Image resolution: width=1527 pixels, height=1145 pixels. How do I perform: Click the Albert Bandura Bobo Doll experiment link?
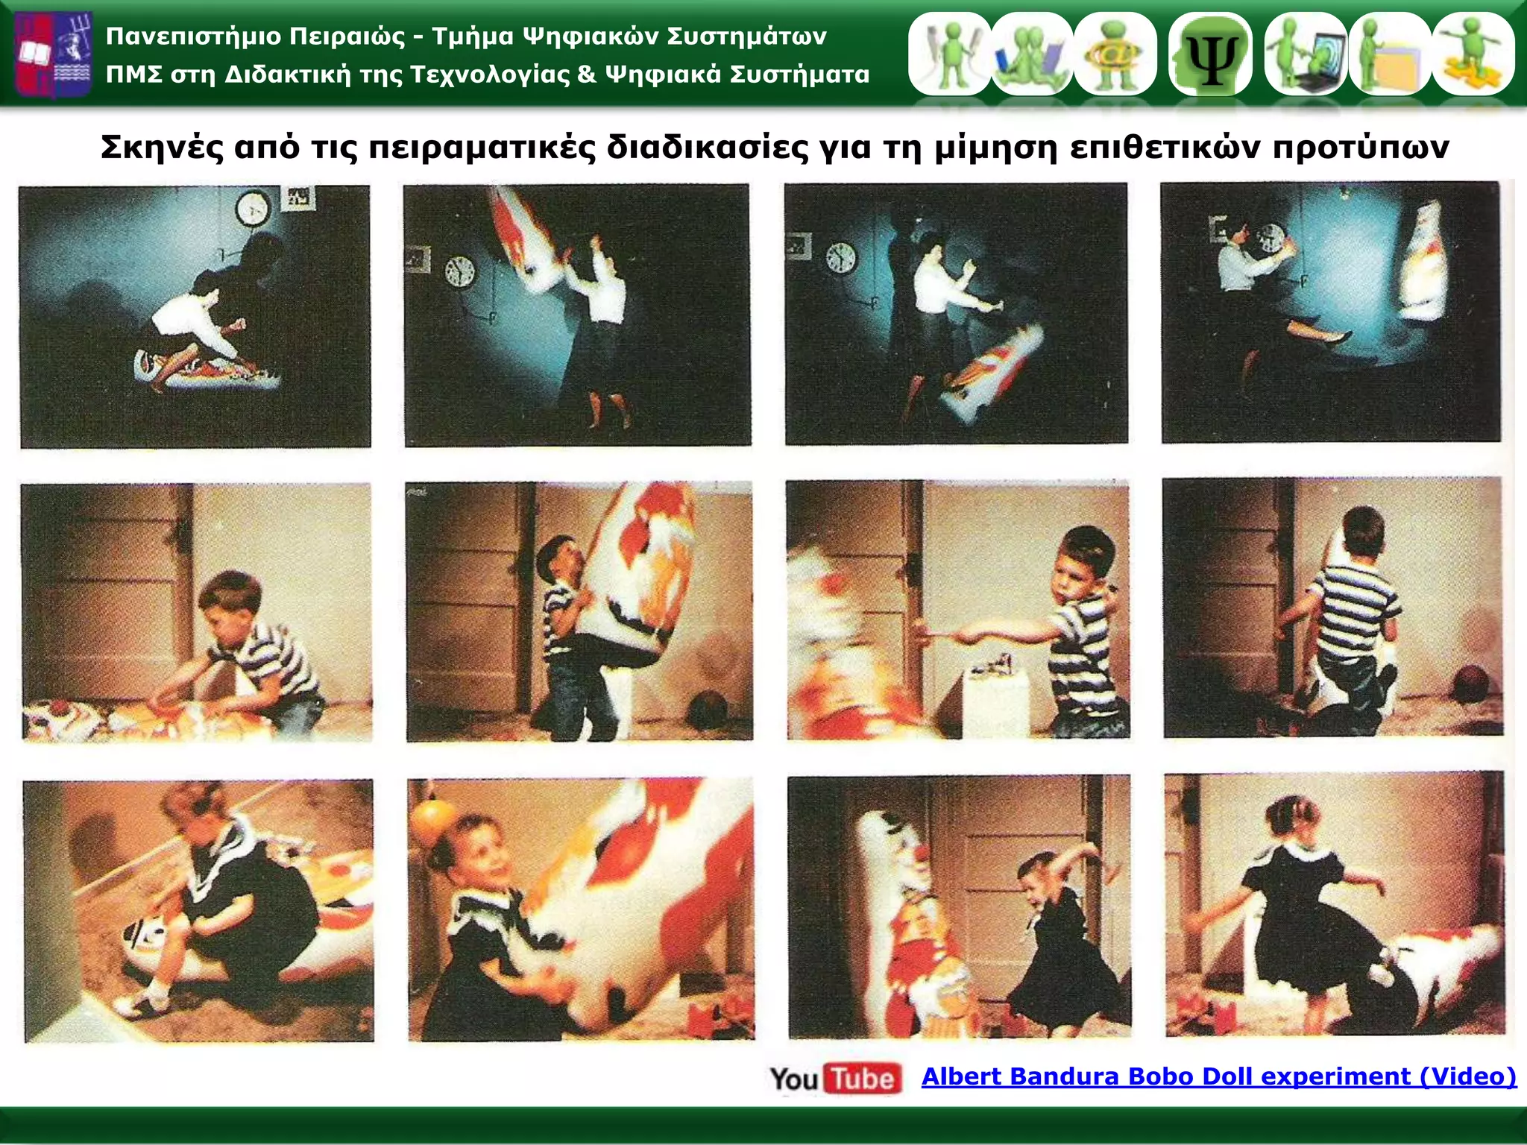click(1219, 1076)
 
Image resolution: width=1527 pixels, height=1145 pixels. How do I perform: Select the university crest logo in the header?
click(53, 54)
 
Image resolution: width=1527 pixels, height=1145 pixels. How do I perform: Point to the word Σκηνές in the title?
click(162, 147)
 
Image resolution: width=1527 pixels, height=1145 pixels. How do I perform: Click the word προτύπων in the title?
click(1360, 148)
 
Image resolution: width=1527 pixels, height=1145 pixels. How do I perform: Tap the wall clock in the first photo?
click(254, 208)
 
